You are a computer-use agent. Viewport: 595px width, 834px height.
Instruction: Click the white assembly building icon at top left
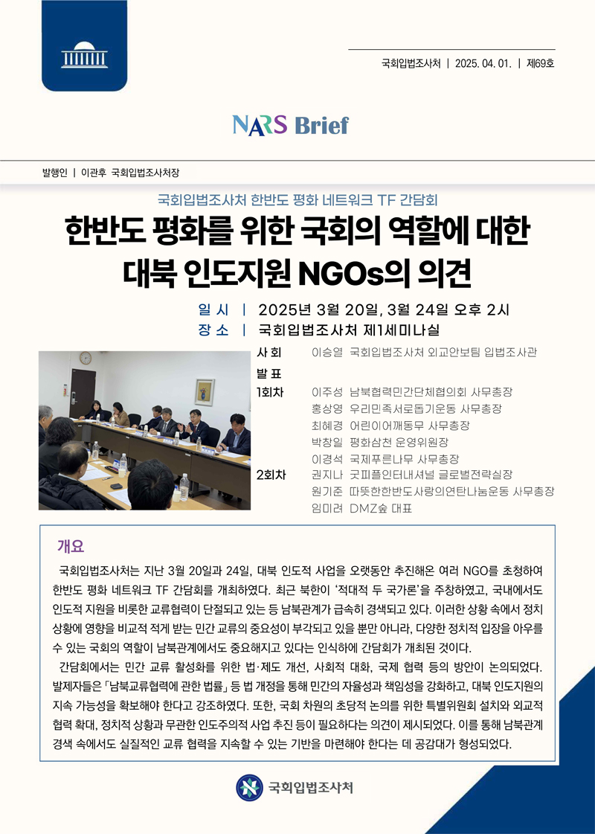tap(83, 57)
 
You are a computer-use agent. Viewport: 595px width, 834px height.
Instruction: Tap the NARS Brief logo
tap(290, 124)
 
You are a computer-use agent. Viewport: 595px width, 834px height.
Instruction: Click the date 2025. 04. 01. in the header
tap(483, 63)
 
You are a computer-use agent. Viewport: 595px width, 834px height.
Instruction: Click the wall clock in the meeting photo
tap(86, 359)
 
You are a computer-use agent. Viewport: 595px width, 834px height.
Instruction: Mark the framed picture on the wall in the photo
tap(204, 391)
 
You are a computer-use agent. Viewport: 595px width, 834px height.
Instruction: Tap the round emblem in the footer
tap(249, 787)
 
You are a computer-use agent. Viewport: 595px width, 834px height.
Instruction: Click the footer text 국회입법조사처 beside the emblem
tap(310, 787)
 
